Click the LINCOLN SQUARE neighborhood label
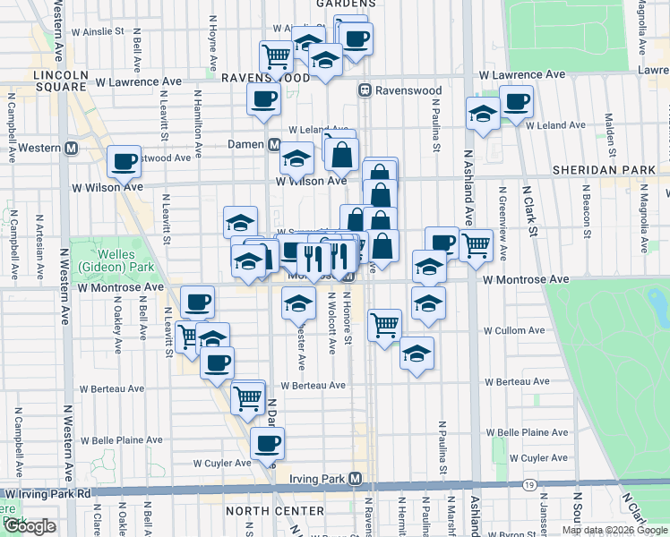pos(60,81)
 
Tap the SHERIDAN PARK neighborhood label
pos(605,169)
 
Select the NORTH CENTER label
pos(274,511)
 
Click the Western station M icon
pos(69,148)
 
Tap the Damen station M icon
pos(271,144)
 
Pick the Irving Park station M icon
pos(356,479)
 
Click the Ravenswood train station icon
pos(365,90)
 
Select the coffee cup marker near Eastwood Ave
pos(124,161)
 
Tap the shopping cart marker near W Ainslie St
pos(277,56)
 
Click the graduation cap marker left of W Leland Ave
pos(482,114)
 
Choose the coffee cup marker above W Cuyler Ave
pos(266,442)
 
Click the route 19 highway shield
pos(530,484)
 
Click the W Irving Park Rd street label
pos(47,493)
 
